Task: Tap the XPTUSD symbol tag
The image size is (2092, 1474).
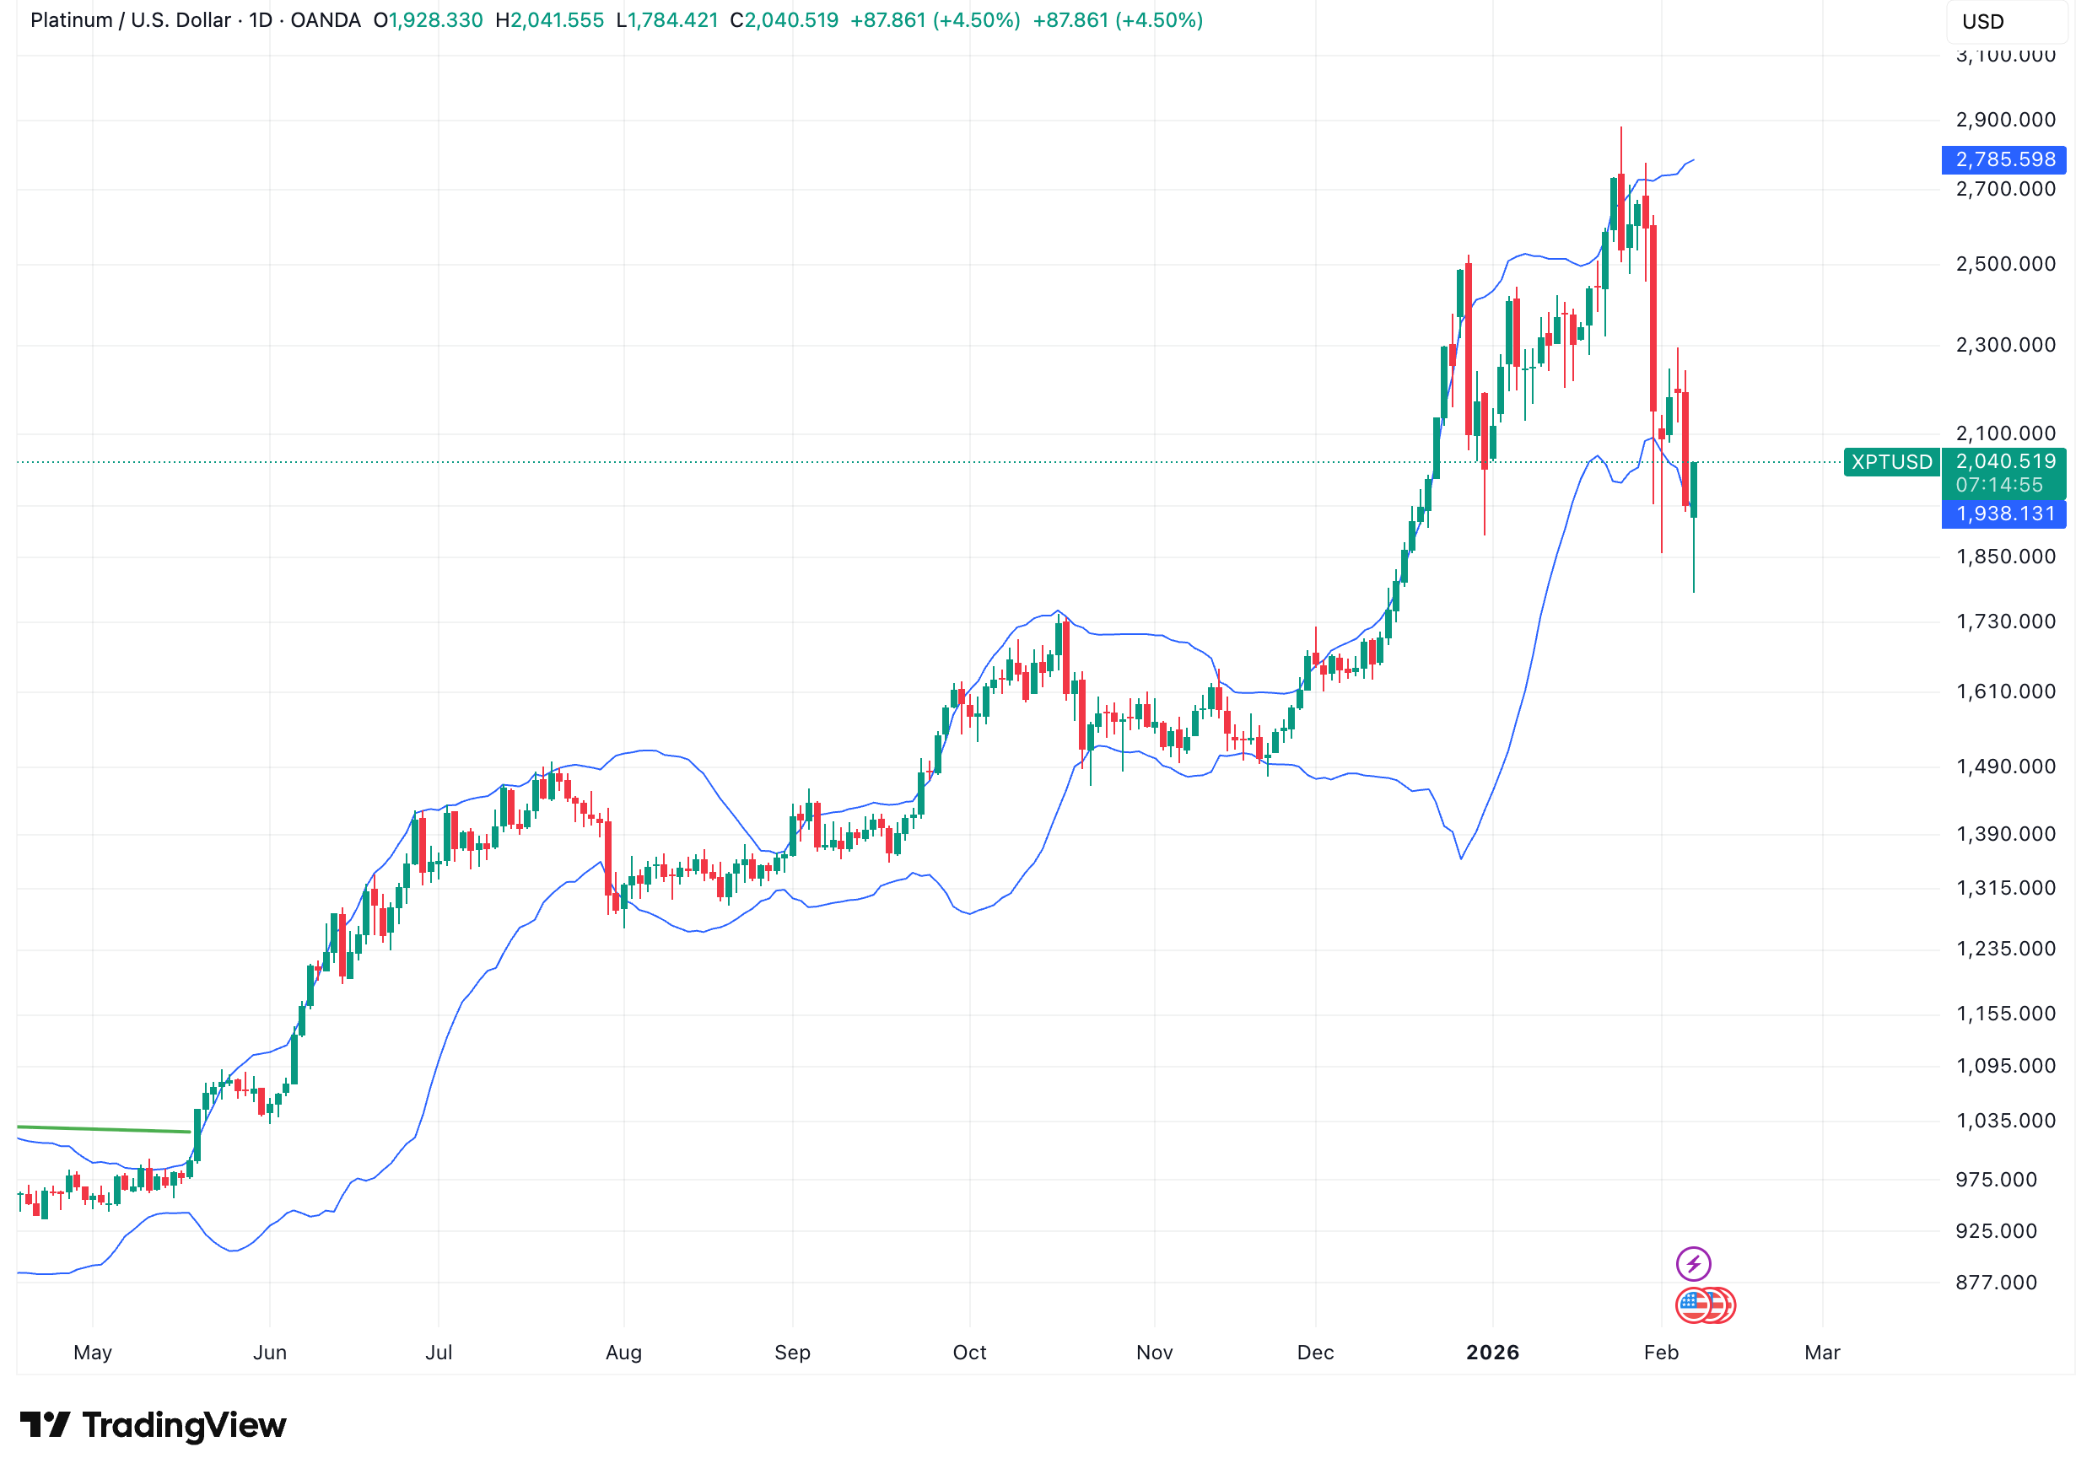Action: [1890, 462]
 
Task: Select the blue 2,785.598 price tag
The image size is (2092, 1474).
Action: [2003, 159]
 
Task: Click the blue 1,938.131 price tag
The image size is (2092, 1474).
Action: [2003, 514]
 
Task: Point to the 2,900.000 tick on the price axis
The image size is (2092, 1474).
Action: [2004, 121]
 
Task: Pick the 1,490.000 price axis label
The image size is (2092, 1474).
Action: [2004, 767]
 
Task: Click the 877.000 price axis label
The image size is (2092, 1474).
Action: [1996, 1283]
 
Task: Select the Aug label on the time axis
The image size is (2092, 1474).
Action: [623, 1353]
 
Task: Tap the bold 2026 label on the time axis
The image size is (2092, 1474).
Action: [1492, 1353]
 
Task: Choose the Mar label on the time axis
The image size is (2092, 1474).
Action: [1821, 1353]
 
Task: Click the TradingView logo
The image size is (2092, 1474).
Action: [153, 1426]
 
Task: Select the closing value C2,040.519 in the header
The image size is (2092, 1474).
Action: [784, 20]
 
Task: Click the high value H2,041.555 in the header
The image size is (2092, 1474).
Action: [549, 20]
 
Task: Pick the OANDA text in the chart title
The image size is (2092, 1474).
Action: [326, 20]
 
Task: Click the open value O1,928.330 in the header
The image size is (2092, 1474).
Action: [429, 20]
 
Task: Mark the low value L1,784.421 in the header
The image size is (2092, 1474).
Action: [667, 20]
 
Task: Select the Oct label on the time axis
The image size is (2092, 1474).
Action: [969, 1353]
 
